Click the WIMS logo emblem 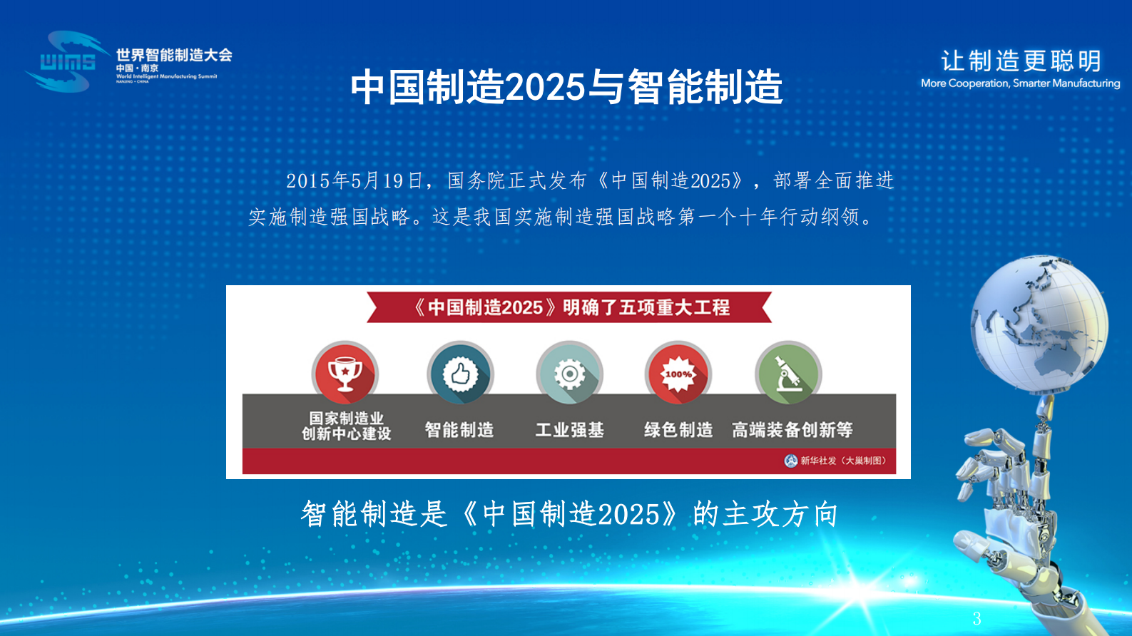click(x=66, y=62)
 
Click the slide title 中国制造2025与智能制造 click(x=566, y=87)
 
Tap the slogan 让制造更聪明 click(x=1021, y=61)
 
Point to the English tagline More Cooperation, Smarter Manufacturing click(x=1020, y=83)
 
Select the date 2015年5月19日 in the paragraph click(x=355, y=181)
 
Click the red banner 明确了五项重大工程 click(x=569, y=307)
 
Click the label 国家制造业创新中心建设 click(x=347, y=426)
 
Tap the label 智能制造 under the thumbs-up click(x=459, y=430)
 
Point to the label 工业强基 click(x=569, y=430)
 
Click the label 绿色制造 click(x=678, y=430)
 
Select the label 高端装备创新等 click(x=792, y=430)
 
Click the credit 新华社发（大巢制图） click(x=836, y=461)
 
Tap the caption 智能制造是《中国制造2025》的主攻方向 click(x=569, y=514)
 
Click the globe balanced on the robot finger click(x=1039, y=324)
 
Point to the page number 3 click(x=977, y=619)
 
